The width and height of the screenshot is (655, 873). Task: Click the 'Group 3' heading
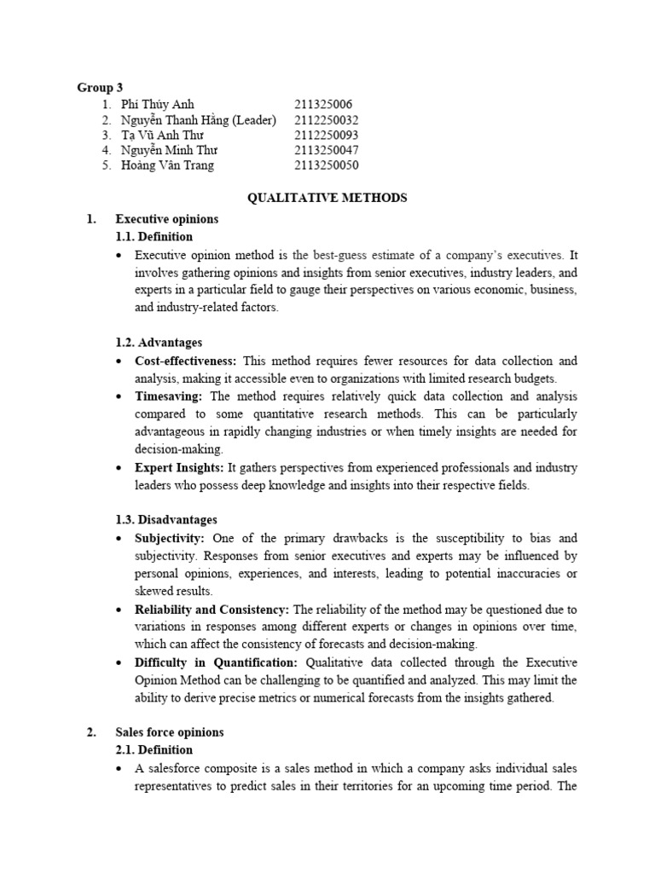tap(101, 88)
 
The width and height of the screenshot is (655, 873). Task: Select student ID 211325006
tap(323, 104)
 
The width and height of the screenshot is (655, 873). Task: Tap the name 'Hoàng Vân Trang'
tap(167, 165)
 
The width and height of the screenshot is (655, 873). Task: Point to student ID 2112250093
tap(327, 135)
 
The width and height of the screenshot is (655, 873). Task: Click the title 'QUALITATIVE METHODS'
tap(327, 198)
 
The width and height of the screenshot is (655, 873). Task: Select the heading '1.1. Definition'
tap(154, 236)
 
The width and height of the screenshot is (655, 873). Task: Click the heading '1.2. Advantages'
tap(159, 343)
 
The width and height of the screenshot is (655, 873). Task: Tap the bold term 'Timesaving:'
tap(170, 396)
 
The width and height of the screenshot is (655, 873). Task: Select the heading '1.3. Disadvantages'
tap(165, 519)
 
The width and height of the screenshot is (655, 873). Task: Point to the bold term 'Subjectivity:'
tap(170, 538)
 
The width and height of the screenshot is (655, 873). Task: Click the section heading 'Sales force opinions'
tap(170, 732)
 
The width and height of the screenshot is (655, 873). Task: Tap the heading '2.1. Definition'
tap(154, 749)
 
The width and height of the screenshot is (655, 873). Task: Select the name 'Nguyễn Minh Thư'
tap(169, 150)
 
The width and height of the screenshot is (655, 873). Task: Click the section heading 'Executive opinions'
tap(167, 219)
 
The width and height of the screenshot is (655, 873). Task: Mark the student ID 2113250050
tap(327, 165)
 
